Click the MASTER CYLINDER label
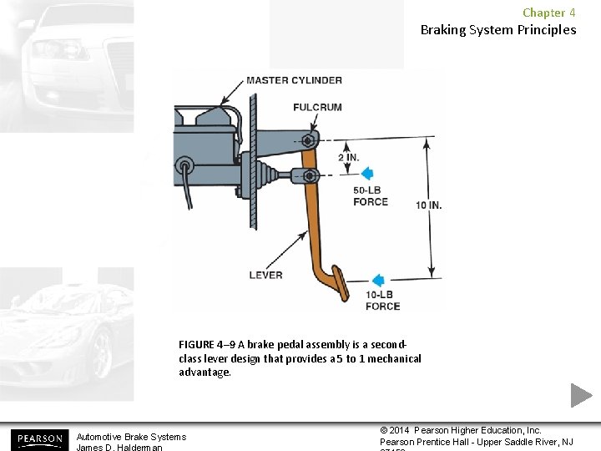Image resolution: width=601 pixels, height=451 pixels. click(293, 80)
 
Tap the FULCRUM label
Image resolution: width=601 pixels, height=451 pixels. click(316, 107)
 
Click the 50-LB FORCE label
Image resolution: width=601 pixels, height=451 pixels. click(370, 195)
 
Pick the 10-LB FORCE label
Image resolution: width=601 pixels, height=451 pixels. click(382, 301)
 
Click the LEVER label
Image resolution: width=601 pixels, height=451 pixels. click(265, 275)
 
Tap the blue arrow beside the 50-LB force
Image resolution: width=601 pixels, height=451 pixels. click(366, 174)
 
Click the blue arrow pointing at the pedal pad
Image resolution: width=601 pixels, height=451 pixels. click(377, 281)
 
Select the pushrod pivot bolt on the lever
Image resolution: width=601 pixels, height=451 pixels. click(310, 175)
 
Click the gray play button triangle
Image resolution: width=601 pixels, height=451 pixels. click(581, 395)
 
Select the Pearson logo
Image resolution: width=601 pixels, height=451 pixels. click(38, 438)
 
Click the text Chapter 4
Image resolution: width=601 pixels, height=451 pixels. click(548, 13)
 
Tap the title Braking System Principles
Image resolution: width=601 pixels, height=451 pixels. click(497, 30)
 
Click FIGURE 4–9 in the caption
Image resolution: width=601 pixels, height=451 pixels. click(206, 344)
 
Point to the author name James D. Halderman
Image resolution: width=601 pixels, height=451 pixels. click(119, 447)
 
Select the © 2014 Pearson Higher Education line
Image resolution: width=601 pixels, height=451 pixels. click(461, 430)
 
